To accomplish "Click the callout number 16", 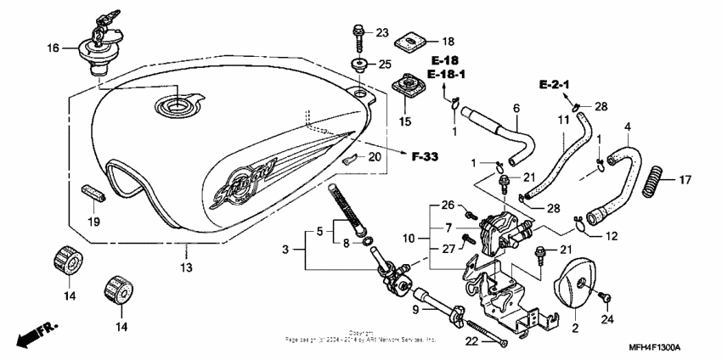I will click(x=54, y=49).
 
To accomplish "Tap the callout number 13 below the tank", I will click(x=186, y=267).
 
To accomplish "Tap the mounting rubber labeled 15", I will click(x=407, y=89).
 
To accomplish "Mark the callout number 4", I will click(x=628, y=127).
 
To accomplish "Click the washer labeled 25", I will click(x=359, y=65).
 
